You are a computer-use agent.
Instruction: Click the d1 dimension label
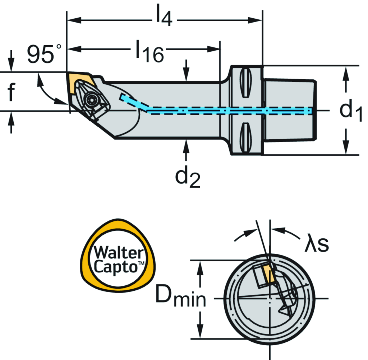coord(351,110)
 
